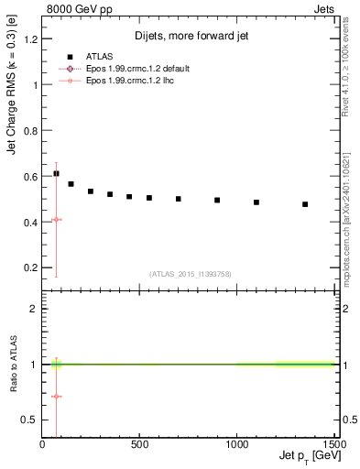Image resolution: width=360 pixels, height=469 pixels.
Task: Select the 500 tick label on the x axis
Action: click(140, 444)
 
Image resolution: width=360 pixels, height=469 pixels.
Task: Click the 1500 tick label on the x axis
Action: click(333, 444)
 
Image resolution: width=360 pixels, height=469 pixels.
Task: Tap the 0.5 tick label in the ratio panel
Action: click(30, 420)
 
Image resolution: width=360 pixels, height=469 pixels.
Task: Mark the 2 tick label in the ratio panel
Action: click(34, 310)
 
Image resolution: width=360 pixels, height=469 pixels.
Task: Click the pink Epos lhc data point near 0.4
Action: click(56, 220)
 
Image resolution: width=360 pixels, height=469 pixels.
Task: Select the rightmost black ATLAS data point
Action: click(305, 204)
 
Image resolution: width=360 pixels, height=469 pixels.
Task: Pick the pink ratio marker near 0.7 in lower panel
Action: click(56, 397)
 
